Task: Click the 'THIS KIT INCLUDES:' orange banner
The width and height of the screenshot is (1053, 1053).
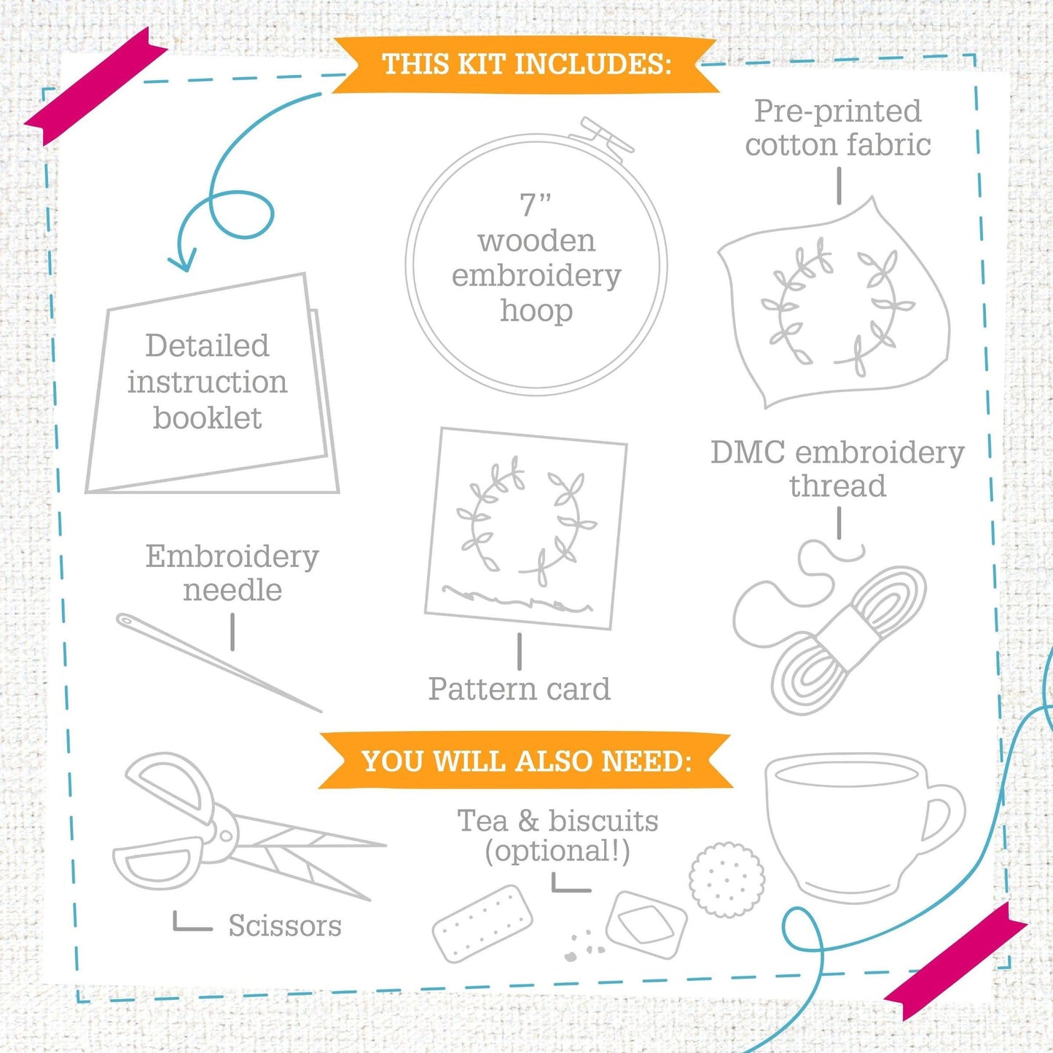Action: [x=525, y=64]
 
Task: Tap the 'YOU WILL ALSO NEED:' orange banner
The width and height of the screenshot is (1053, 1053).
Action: [x=525, y=761]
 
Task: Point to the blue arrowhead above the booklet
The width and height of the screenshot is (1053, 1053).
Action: [x=182, y=260]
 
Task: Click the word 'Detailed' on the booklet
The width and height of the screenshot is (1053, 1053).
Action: [x=207, y=345]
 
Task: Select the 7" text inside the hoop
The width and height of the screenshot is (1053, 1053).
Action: [x=535, y=204]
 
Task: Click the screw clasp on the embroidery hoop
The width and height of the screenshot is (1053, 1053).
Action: [x=601, y=136]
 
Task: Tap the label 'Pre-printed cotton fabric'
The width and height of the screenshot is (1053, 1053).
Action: [x=838, y=128]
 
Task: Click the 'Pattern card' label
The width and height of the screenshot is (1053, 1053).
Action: [x=519, y=689]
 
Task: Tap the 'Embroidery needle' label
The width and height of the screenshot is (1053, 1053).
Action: [x=232, y=574]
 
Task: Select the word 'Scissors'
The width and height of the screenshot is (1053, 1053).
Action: [x=285, y=925]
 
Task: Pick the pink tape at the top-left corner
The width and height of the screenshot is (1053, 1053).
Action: [x=96, y=86]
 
